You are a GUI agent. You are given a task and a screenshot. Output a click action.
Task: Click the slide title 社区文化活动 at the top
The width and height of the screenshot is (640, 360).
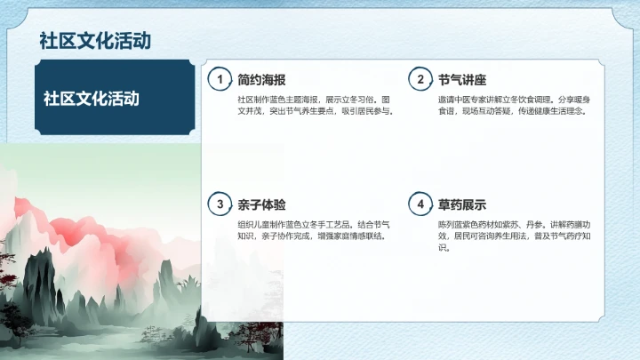pyautogui.click(x=94, y=41)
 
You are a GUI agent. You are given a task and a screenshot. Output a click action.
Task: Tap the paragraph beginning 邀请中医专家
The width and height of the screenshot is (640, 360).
pyautogui.click(x=514, y=105)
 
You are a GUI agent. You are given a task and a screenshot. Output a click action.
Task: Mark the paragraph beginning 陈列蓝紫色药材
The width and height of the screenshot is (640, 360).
pyautogui.click(x=514, y=236)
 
